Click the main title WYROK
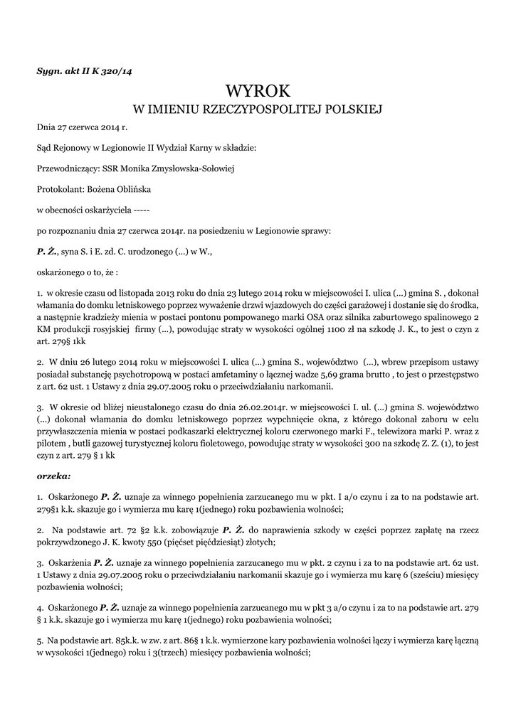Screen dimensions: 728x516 (x=258, y=91)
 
